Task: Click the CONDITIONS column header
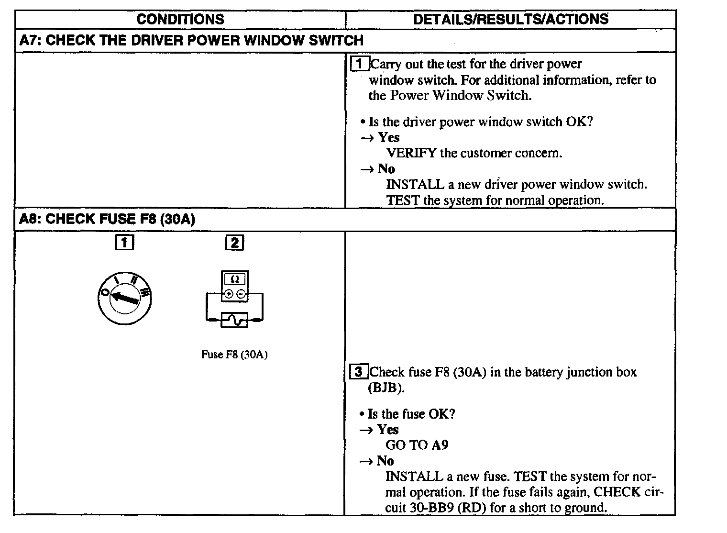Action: (180, 19)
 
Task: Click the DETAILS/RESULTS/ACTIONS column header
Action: (510, 19)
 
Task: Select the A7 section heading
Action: (191, 40)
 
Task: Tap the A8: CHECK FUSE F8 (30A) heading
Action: (107, 219)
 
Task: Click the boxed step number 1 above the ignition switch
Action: (124, 243)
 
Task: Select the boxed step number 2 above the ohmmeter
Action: (234, 243)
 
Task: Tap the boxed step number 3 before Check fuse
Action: (360, 372)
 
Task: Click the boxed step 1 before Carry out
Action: (360, 64)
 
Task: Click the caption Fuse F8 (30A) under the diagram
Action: (234, 355)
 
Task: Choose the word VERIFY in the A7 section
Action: (411, 153)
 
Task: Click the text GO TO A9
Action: (417, 445)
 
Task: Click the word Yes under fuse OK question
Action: (387, 429)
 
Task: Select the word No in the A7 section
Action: (386, 168)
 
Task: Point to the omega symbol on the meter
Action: (235, 279)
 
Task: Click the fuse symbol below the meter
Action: (234, 319)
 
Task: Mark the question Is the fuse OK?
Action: (411, 414)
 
